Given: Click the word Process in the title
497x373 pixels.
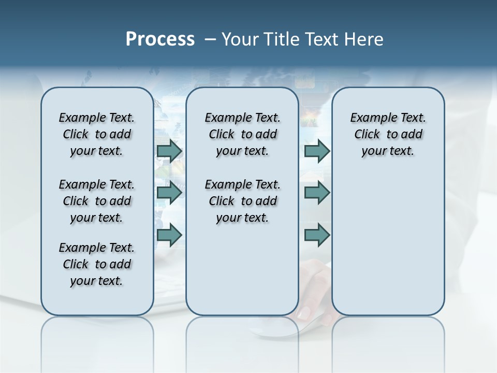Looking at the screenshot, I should [160, 39].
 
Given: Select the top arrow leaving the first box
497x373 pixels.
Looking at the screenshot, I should [169, 151].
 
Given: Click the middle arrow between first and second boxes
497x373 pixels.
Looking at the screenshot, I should [169, 193].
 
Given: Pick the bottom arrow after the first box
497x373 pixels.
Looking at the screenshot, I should [169, 235].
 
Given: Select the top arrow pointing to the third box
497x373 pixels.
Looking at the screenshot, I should [317, 151].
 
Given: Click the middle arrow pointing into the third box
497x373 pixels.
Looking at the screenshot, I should [317, 193].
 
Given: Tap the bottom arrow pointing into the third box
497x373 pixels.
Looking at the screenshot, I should [317, 235].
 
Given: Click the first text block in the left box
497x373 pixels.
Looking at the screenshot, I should [97, 134].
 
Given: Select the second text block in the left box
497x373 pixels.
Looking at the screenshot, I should [97, 201].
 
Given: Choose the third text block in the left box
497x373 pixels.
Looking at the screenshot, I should [97, 264].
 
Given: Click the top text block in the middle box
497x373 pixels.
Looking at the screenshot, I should [242, 134].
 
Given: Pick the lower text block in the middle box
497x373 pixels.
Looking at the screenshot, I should [242, 201].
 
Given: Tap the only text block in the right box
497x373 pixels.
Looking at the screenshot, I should [388, 134].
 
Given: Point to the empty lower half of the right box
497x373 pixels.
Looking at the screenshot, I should [388, 243].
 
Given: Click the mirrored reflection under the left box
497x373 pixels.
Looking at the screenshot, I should [97, 337].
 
